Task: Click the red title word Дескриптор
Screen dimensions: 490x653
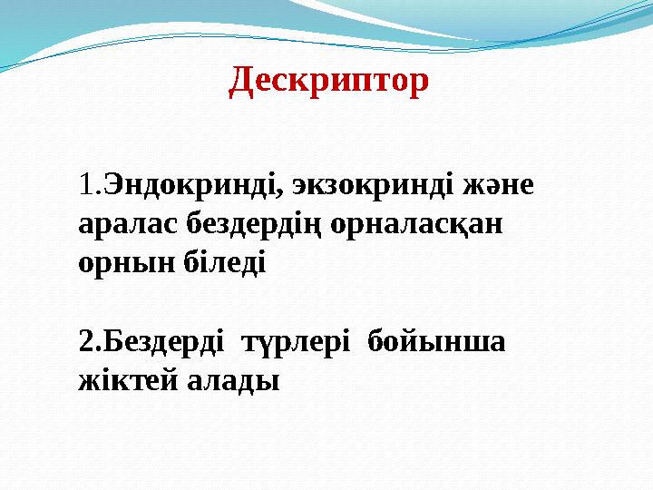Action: (x=329, y=82)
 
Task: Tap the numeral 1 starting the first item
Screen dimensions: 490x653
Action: (x=87, y=186)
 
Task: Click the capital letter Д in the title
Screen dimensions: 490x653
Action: (x=241, y=82)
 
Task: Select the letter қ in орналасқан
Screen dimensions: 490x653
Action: (x=461, y=225)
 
